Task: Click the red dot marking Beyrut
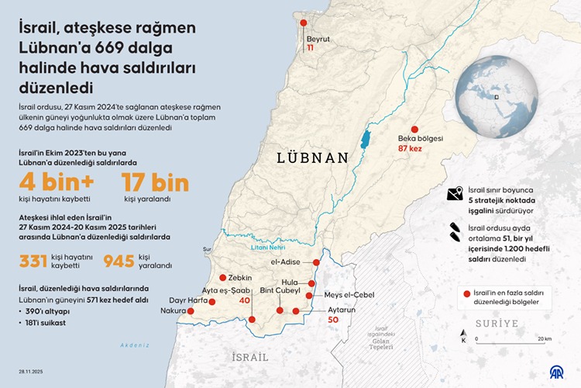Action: (304, 24)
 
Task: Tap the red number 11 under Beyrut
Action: (310, 48)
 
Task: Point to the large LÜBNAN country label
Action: (314, 158)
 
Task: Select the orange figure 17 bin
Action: (156, 183)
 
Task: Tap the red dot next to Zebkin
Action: (222, 277)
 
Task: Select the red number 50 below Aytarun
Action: (334, 320)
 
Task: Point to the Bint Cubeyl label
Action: (280, 290)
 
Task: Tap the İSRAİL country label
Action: (250, 357)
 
